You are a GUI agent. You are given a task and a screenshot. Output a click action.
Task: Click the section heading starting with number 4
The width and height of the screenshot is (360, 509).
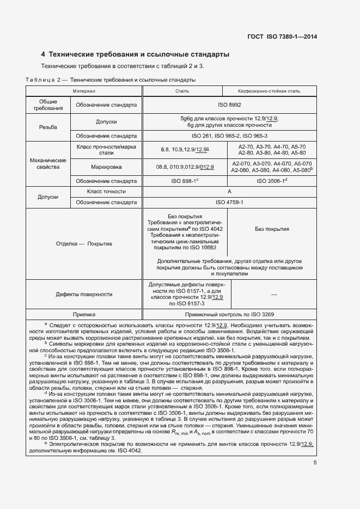pyautogui.click(x=135, y=54)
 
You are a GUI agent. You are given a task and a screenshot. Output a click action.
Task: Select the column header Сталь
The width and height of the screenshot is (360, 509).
pyautogui.click(x=182, y=91)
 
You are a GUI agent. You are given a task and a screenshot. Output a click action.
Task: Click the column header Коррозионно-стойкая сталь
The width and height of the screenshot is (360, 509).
pyautogui.click(x=269, y=91)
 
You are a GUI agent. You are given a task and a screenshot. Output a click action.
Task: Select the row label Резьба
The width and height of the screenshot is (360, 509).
pyautogui.click(x=48, y=126)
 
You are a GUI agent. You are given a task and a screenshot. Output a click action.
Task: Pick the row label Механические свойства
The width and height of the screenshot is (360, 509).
pyautogui.click(x=48, y=164)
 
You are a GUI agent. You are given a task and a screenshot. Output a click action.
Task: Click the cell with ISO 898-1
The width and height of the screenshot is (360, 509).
pyautogui.click(x=186, y=181)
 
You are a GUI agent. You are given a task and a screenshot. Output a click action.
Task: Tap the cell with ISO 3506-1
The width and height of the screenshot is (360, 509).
pyautogui.click(x=270, y=181)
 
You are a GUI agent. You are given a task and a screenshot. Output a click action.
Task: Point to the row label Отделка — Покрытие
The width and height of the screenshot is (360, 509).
pyautogui.click(x=84, y=243)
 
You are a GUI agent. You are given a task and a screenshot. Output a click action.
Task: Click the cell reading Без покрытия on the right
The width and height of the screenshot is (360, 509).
pyautogui.click(x=272, y=229)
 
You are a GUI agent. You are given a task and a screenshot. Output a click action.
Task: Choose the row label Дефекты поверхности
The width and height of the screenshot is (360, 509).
pyautogui.click(x=84, y=294)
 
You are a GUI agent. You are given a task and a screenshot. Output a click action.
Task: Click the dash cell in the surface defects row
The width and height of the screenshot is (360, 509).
pyautogui.click(x=273, y=294)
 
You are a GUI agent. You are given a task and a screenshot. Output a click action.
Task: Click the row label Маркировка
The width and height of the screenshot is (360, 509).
pyautogui.click(x=107, y=167)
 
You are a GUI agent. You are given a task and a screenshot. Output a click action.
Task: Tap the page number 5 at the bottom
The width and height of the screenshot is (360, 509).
pyautogui.click(x=315, y=463)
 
